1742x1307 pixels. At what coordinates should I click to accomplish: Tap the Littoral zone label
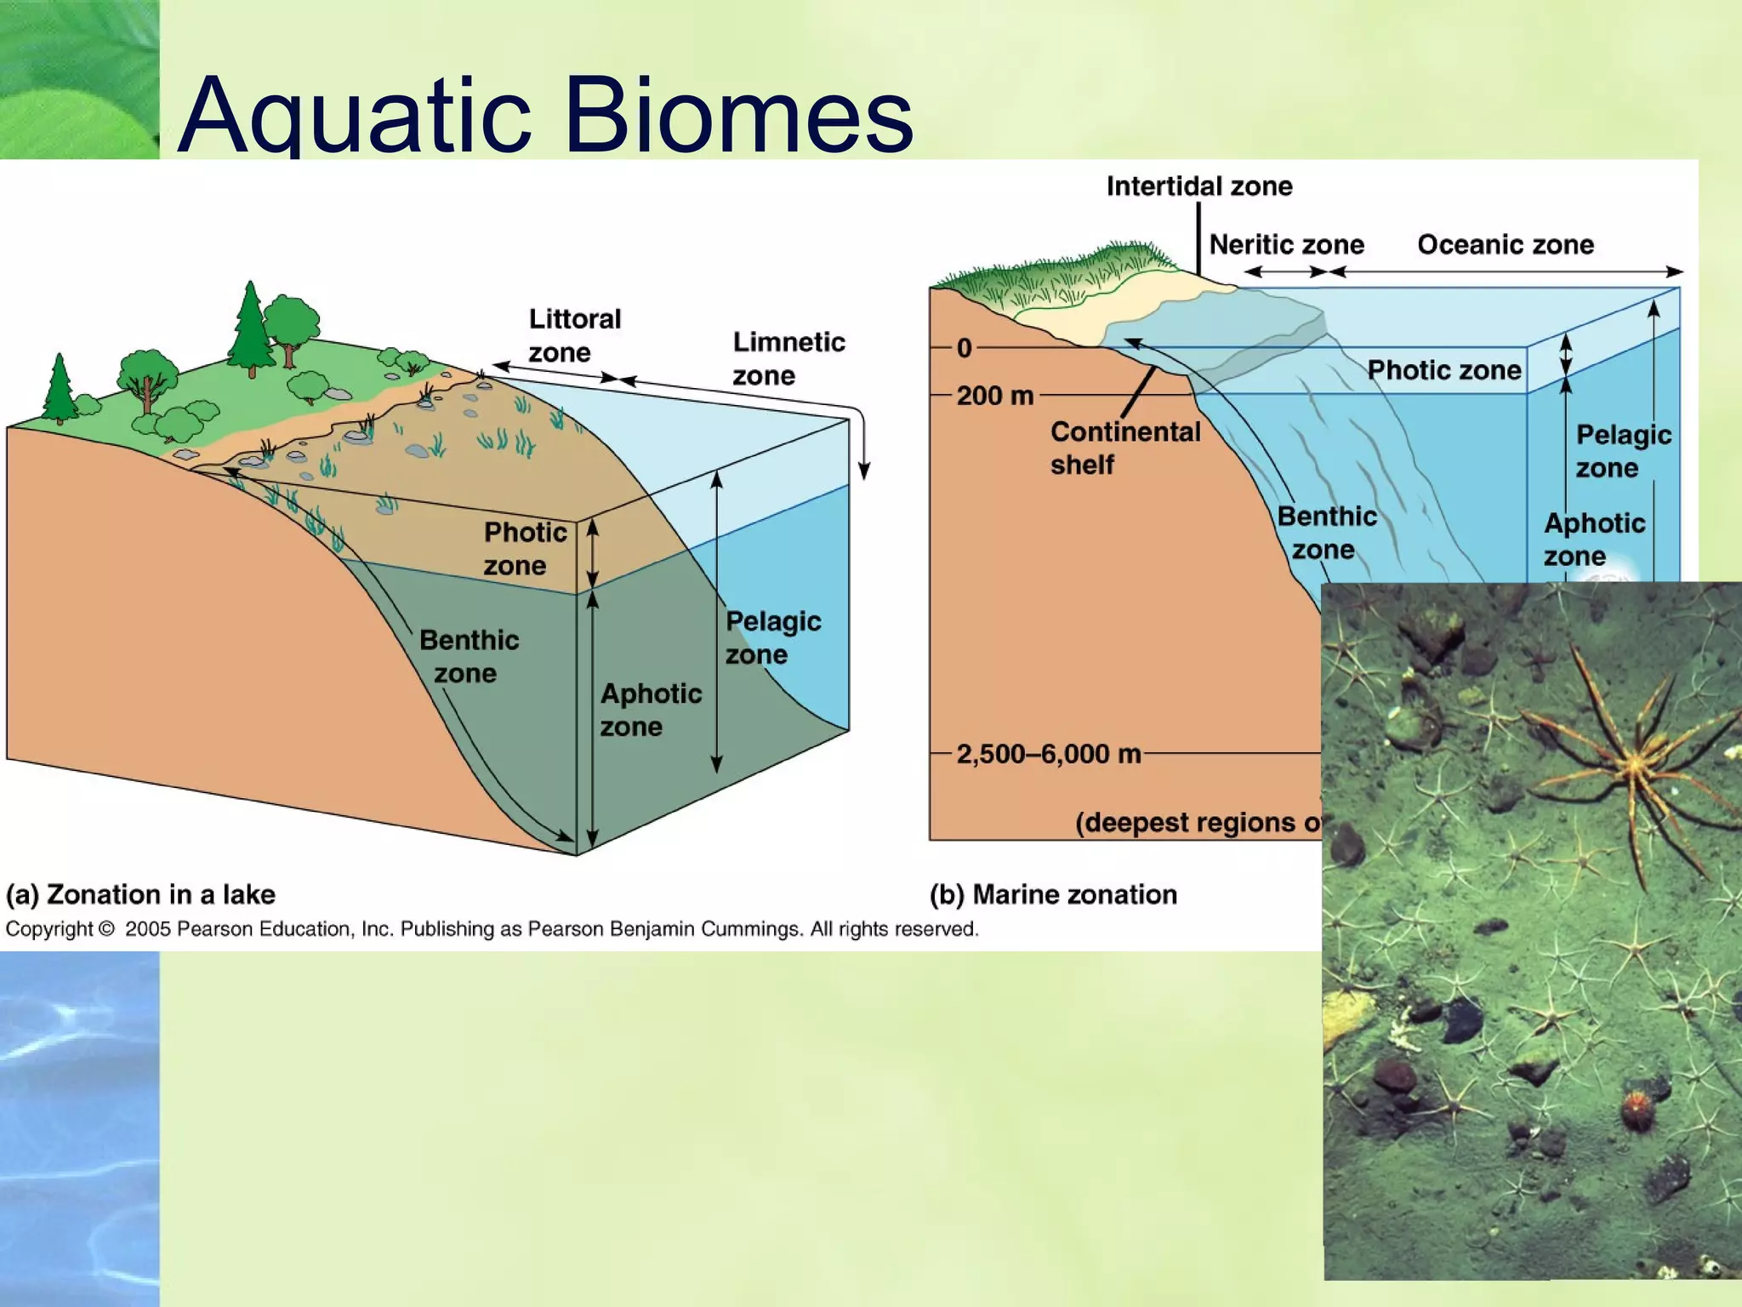pos(574,335)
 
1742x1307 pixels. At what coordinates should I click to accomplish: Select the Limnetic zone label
pos(788,358)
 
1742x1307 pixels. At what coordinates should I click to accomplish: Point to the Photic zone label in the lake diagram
pos(524,549)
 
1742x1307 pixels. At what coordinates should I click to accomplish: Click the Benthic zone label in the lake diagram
pos(469,656)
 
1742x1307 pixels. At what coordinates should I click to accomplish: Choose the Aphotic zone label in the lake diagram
pos(651,710)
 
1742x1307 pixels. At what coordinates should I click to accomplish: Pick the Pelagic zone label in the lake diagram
pos(772,637)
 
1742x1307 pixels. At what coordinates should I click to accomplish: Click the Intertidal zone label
pos(1198,186)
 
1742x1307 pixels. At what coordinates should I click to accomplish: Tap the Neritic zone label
pos(1286,245)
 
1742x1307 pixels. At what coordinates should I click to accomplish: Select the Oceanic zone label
pos(1505,245)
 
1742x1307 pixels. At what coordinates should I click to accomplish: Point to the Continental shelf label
pos(1124,448)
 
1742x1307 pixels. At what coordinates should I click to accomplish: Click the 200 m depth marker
pos(994,396)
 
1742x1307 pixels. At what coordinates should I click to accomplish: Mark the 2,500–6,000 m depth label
pos(1048,754)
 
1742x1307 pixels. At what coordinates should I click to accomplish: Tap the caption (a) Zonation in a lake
pos(141,894)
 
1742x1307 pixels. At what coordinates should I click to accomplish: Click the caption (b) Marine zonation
pos(1053,894)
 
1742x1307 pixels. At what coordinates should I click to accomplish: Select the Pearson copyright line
pos(492,929)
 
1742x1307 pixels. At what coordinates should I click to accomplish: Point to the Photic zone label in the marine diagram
pos(1443,370)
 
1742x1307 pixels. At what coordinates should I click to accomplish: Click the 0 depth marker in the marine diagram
pos(964,348)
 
